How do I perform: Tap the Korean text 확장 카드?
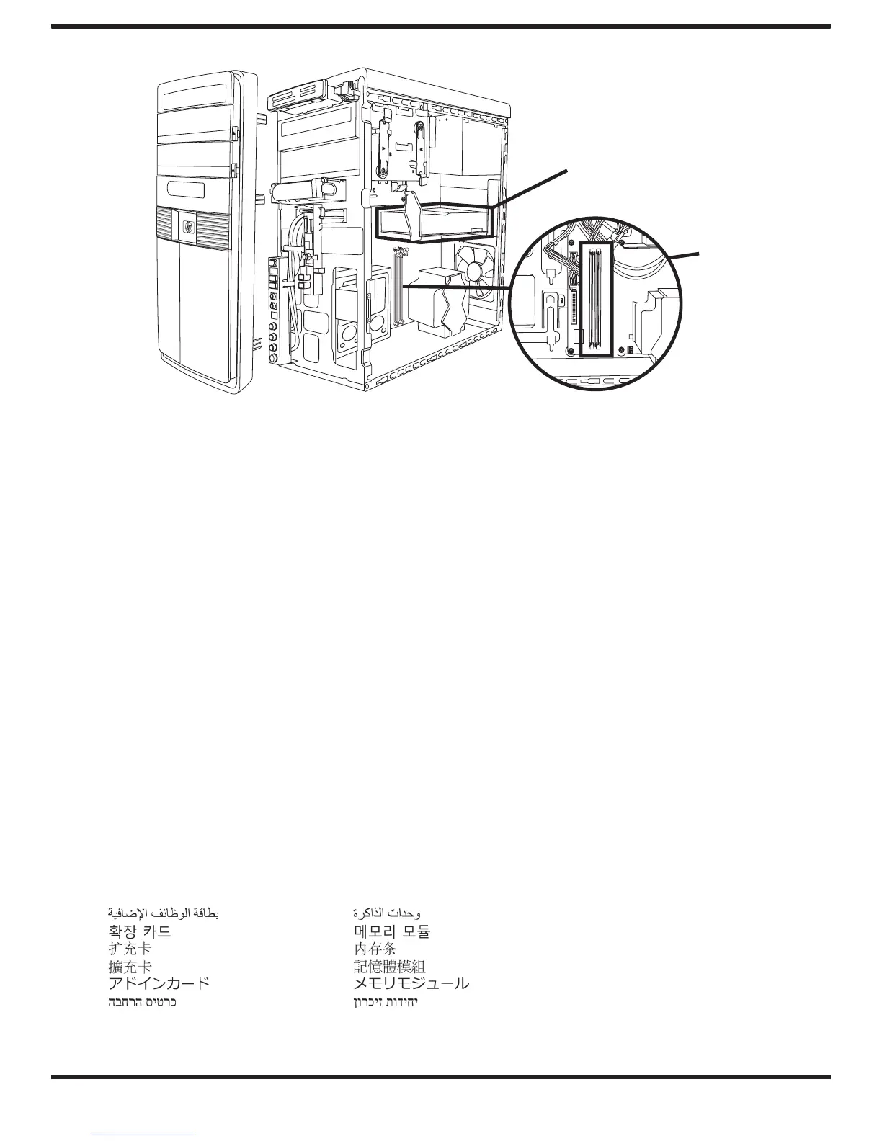click(x=139, y=931)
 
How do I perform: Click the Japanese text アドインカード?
click(x=159, y=983)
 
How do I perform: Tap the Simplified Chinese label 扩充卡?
click(x=128, y=949)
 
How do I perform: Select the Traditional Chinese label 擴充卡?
click(x=128, y=966)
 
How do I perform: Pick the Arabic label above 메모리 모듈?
click(x=388, y=913)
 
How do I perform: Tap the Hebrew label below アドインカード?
click(x=141, y=1002)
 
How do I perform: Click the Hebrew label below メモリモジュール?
click(x=386, y=1002)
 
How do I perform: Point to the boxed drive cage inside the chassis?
click(x=434, y=222)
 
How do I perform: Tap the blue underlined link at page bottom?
click(x=143, y=1134)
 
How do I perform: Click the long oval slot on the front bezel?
click(x=186, y=192)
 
